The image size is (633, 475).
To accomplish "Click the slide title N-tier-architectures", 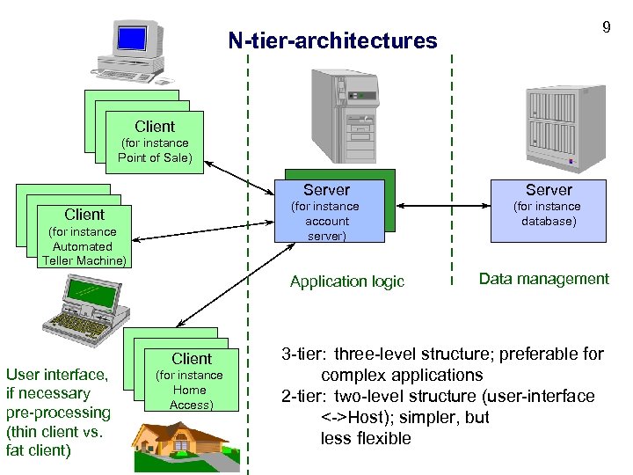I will (x=332, y=40).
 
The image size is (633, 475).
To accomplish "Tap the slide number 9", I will (x=606, y=27).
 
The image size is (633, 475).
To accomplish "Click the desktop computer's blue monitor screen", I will (x=132, y=38).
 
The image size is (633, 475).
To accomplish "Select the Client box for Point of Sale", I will (x=154, y=142).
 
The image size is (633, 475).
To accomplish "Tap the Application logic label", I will (x=347, y=281).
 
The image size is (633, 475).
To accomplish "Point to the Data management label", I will (x=543, y=279).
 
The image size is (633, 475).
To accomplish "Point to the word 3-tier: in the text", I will (x=302, y=354).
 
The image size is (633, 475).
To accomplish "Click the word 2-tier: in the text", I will (x=302, y=397).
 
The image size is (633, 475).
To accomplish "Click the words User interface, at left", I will (x=56, y=375).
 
